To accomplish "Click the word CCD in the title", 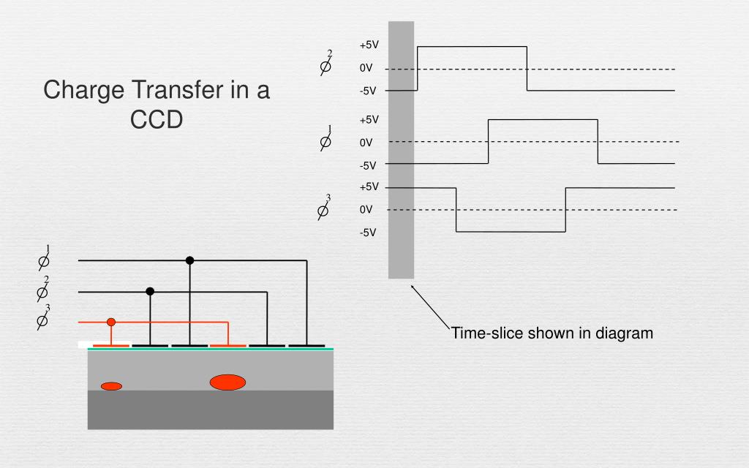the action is point(156,118).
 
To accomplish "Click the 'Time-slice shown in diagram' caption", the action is point(552,333).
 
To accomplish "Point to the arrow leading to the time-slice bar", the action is point(431,306).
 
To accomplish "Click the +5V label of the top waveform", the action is point(369,45).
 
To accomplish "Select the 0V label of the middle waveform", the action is point(366,143).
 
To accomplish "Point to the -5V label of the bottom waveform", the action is point(367,233).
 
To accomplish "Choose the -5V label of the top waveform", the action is point(367,91).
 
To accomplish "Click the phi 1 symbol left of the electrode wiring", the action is point(44,259).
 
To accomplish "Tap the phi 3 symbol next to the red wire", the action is point(43,319).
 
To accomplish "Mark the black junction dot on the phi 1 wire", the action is point(189,260).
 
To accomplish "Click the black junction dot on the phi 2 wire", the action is point(150,291).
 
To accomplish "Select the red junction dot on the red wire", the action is point(111,322).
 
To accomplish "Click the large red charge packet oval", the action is point(227,382).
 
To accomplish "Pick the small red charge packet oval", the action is point(111,386).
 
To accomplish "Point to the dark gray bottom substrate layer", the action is point(210,409).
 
